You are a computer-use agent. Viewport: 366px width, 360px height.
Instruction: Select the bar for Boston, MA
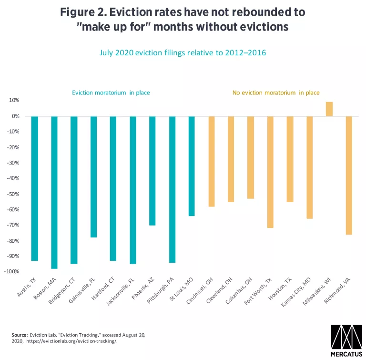(54, 192)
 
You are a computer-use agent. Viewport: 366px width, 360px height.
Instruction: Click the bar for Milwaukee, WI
(329, 109)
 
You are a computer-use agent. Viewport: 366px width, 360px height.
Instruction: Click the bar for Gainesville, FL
(93, 177)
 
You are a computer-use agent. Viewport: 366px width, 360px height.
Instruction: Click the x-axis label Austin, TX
(27, 289)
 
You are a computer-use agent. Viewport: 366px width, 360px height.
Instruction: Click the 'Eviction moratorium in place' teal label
(111, 93)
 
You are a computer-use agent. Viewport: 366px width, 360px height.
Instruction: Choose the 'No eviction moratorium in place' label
(276, 93)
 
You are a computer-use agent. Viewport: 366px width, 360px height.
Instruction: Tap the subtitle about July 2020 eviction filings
(183, 53)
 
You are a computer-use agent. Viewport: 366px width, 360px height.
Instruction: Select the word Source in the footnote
(20, 336)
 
